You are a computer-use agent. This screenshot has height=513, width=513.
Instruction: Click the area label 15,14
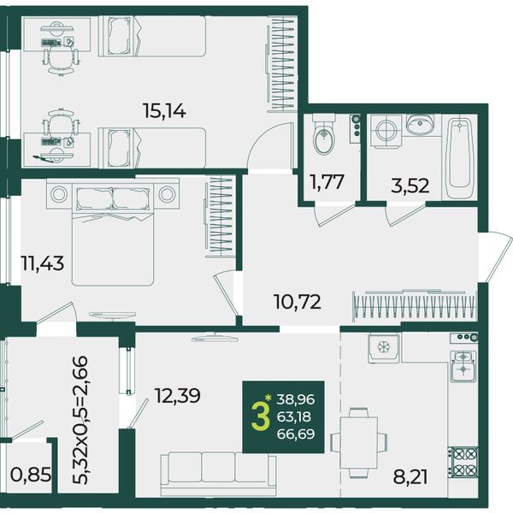tap(164, 111)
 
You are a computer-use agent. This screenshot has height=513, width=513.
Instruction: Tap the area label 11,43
tap(42, 263)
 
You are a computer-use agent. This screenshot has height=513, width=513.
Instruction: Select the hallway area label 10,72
tap(298, 302)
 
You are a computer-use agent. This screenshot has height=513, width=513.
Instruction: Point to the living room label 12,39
tap(177, 396)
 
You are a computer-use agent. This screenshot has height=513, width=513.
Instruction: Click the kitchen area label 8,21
tap(410, 477)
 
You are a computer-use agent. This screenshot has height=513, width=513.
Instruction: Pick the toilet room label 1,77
tap(327, 182)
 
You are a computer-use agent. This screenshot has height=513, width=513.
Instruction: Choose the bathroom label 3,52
tap(410, 186)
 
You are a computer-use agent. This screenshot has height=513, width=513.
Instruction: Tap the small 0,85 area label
tap(31, 475)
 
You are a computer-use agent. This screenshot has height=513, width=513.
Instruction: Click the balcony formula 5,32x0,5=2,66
tap(80, 420)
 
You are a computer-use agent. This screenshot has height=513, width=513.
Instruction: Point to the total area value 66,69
tap(296, 434)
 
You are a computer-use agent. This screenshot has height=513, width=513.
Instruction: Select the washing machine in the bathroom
tap(386, 130)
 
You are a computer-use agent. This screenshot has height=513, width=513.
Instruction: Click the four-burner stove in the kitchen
tap(463, 463)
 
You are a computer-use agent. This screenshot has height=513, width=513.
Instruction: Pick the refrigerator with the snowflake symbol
tap(383, 349)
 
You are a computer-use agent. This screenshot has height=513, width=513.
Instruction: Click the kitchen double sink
tap(463, 366)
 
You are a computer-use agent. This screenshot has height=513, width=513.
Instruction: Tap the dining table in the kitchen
tap(359, 442)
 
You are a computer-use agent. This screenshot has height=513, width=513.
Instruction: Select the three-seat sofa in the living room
tap(218, 474)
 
